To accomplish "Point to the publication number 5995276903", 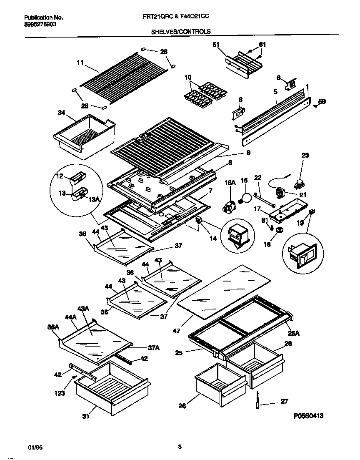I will [40, 24].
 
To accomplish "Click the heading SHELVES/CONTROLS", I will [180, 31].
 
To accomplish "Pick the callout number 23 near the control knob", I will [305, 155].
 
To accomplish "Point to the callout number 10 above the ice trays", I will [188, 77].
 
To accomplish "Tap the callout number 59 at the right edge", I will [322, 101].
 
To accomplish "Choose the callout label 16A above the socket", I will [230, 182].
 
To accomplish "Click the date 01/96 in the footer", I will [35, 447].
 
